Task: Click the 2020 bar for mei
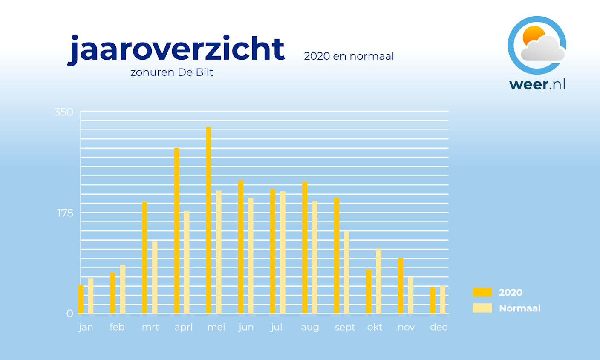pos(209,220)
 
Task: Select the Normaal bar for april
pos(187,262)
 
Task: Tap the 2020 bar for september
pos(337,256)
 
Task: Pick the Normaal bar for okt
pos(378,281)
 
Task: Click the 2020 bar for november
pos(401,285)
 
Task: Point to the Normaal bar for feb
pos(123,289)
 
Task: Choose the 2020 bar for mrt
pos(144,257)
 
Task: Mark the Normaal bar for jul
pos(283,252)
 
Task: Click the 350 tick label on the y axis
pos(63,112)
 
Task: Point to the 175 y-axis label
pos(65,213)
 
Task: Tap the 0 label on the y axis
pos(69,314)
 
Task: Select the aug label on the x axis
pos(310,328)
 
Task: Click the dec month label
pos(438,327)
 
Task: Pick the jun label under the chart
pos(246,328)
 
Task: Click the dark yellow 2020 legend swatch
pos(482,292)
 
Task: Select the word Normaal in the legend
pos(519,308)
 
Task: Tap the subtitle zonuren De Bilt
pos(172,72)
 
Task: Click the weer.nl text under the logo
pos(537,84)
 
